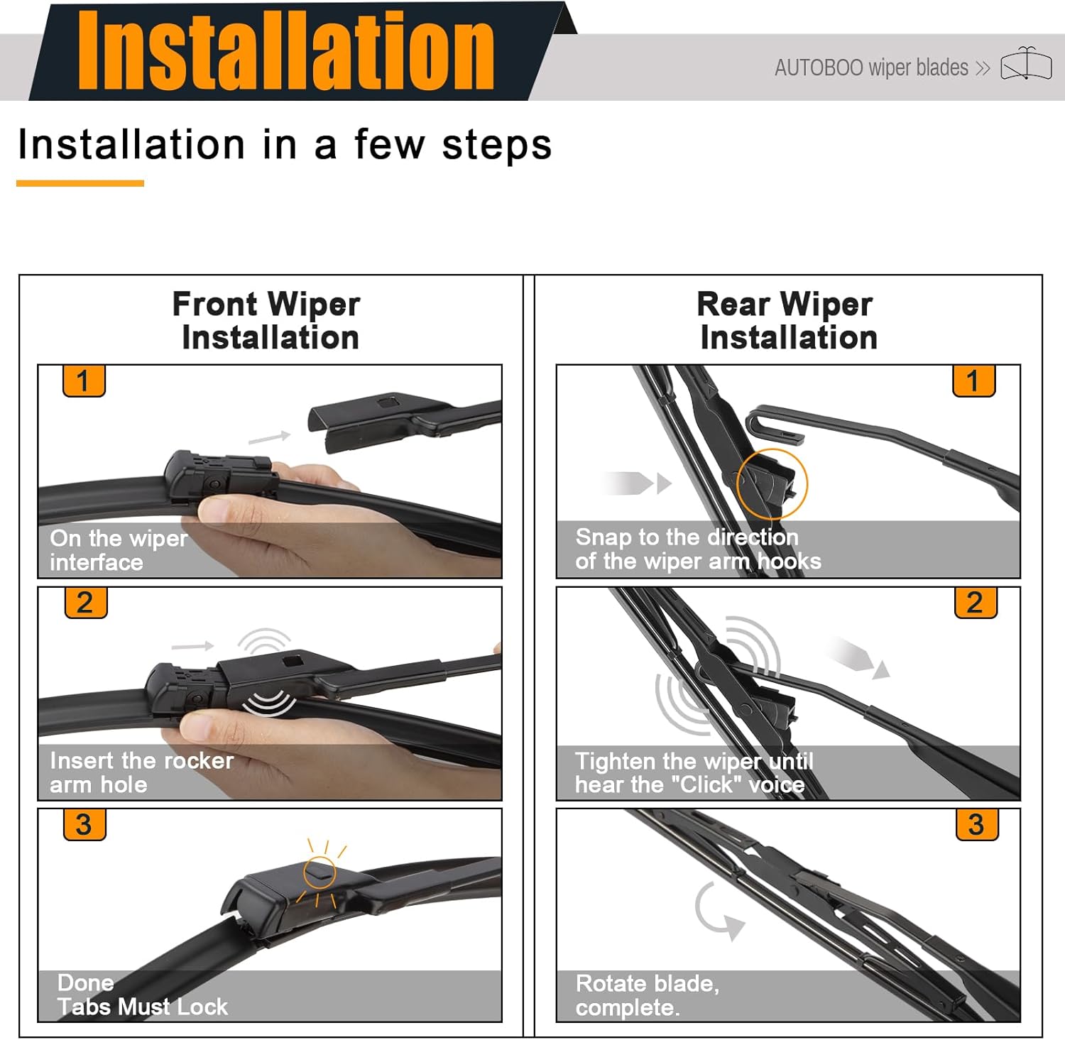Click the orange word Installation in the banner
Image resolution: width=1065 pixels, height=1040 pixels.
(x=285, y=51)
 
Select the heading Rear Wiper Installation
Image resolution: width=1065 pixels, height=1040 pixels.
(x=787, y=321)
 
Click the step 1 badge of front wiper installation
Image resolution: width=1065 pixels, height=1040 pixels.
(x=84, y=381)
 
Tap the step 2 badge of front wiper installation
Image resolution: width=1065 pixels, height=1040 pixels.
(x=85, y=603)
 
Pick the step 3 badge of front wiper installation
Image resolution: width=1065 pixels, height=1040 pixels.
(x=84, y=824)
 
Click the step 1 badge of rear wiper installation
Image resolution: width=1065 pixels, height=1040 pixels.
(x=973, y=381)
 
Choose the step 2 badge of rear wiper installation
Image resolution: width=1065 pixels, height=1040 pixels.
(x=976, y=603)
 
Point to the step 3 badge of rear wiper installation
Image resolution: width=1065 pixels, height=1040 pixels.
(x=977, y=824)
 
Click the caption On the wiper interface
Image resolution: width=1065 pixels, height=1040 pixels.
(x=119, y=550)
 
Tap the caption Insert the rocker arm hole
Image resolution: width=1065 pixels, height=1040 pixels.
(x=141, y=772)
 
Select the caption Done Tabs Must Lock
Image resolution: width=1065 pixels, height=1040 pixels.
(x=142, y=995)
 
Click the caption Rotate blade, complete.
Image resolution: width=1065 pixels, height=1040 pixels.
(x=647, y=995)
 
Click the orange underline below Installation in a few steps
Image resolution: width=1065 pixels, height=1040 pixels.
(x=80, y=183)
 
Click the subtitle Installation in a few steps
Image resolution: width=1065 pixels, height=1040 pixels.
(x=285, y=145)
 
